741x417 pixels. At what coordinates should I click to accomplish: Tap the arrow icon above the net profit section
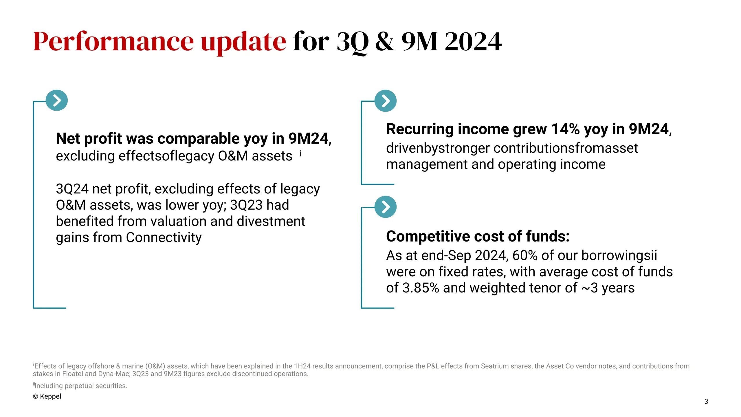point(57,100)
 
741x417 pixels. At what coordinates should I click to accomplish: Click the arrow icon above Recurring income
point(385,101)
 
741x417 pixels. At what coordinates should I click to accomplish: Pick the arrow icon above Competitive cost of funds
point(385,207)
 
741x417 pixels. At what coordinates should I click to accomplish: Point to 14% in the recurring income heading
point(565,129)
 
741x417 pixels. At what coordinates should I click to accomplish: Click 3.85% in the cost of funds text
point(421,288)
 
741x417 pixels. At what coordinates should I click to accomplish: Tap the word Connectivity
point(164,238)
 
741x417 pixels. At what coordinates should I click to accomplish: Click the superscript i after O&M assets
point(301,153)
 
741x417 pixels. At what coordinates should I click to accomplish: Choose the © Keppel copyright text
point(47,396)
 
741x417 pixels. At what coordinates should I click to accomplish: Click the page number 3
point(706,401)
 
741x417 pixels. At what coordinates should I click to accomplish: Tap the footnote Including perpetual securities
point(81,386)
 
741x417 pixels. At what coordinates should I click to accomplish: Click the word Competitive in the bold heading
point(428,236)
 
